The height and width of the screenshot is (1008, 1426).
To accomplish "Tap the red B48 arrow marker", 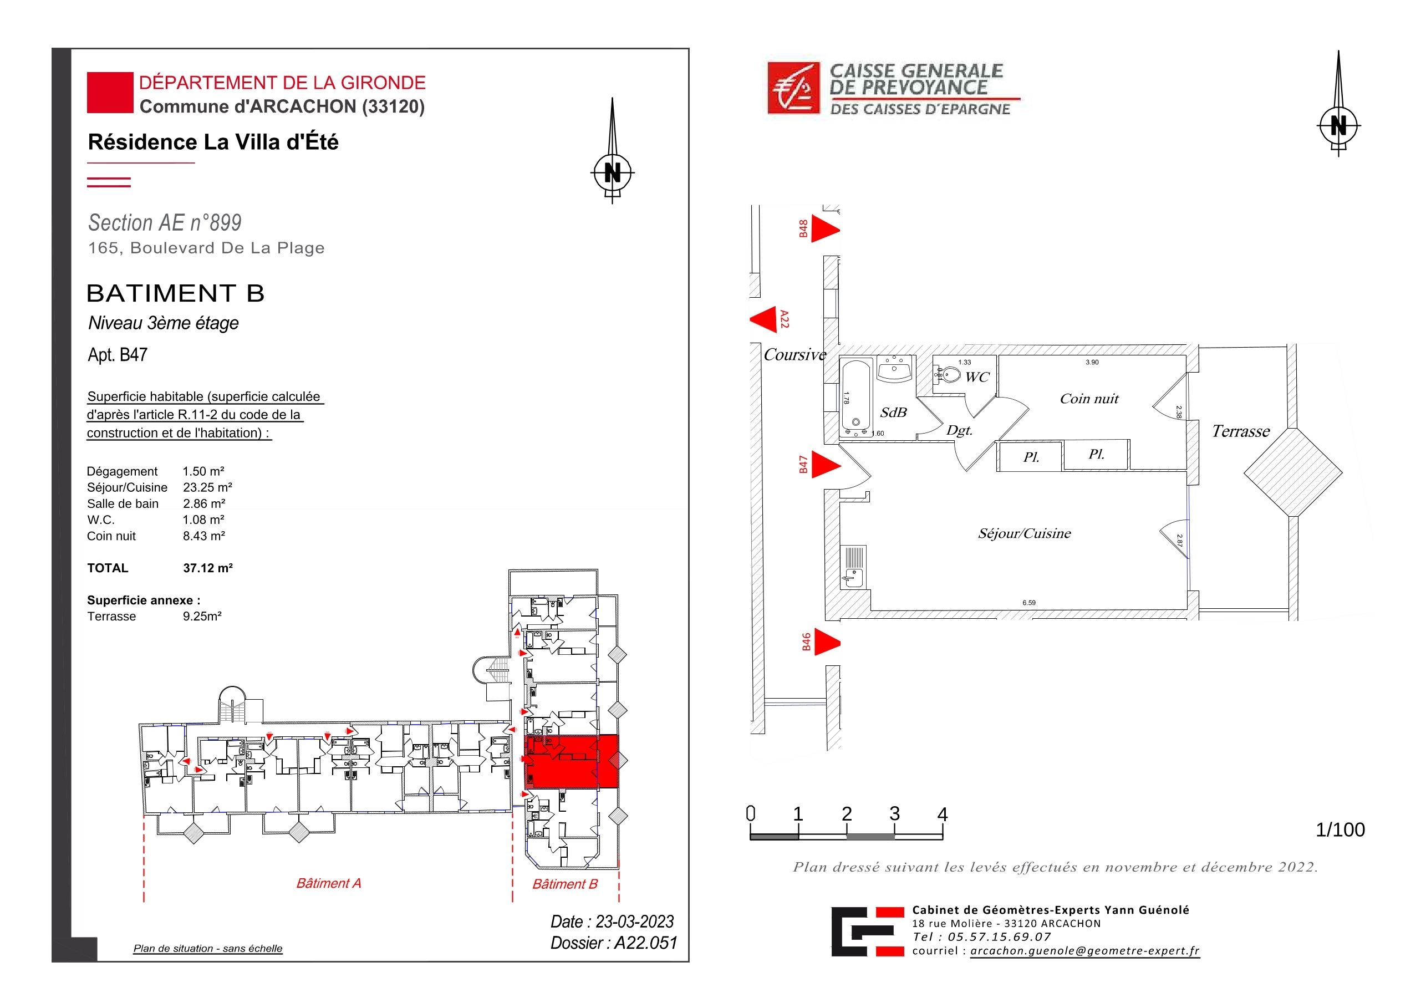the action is point(826,229).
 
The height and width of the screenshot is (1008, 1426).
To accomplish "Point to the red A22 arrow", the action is point(763,320).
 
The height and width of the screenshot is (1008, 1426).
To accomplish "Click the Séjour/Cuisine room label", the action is point(1024,533).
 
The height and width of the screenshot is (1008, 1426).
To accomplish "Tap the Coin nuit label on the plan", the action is point(1089,399).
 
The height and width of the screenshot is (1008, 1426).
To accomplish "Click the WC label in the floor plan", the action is point(977,377).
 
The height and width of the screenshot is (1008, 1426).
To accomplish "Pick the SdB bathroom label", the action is point(893,413).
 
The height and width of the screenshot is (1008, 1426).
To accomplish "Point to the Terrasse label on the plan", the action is point(1240,431).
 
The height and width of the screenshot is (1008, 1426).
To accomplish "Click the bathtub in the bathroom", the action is point(857,397).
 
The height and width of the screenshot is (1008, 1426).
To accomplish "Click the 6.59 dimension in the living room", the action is point(1029,603).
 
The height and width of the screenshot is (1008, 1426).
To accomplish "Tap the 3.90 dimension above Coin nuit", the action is point(1092,362).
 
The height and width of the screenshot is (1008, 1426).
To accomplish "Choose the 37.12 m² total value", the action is point(207,568).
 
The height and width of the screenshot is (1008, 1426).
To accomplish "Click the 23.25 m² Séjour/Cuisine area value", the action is point(207,487).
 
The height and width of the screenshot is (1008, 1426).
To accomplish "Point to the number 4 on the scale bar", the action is point(942,813).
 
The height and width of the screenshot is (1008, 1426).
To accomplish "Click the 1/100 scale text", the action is point(1340,830).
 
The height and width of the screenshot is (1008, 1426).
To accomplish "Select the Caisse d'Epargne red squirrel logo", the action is point(794,88).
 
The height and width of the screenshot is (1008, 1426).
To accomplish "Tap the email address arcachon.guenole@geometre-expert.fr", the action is point(1085,951).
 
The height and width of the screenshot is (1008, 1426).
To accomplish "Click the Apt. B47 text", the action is point(118,355).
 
